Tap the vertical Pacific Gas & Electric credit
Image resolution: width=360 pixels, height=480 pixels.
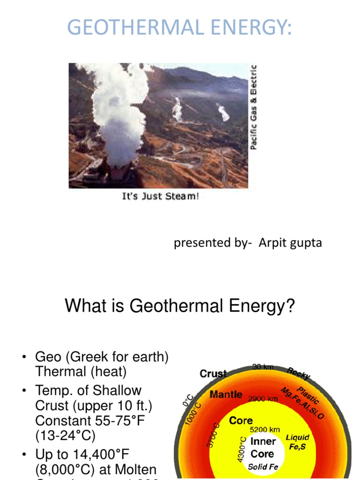(254, 107)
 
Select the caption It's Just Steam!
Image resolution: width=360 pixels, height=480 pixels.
(161, 196)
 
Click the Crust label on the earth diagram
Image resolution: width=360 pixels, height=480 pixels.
(213, 374)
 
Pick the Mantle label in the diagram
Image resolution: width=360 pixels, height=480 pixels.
(226, 394)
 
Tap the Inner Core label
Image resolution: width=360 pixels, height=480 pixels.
(263, 448)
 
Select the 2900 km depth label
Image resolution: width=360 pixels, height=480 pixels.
(263, 398)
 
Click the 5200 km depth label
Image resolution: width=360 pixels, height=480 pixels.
(265, 429)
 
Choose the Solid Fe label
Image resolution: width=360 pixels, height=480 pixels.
(263, 467)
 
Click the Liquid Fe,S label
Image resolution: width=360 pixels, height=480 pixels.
(298, 442)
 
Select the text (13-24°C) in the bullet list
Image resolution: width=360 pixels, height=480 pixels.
(65, 436)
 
